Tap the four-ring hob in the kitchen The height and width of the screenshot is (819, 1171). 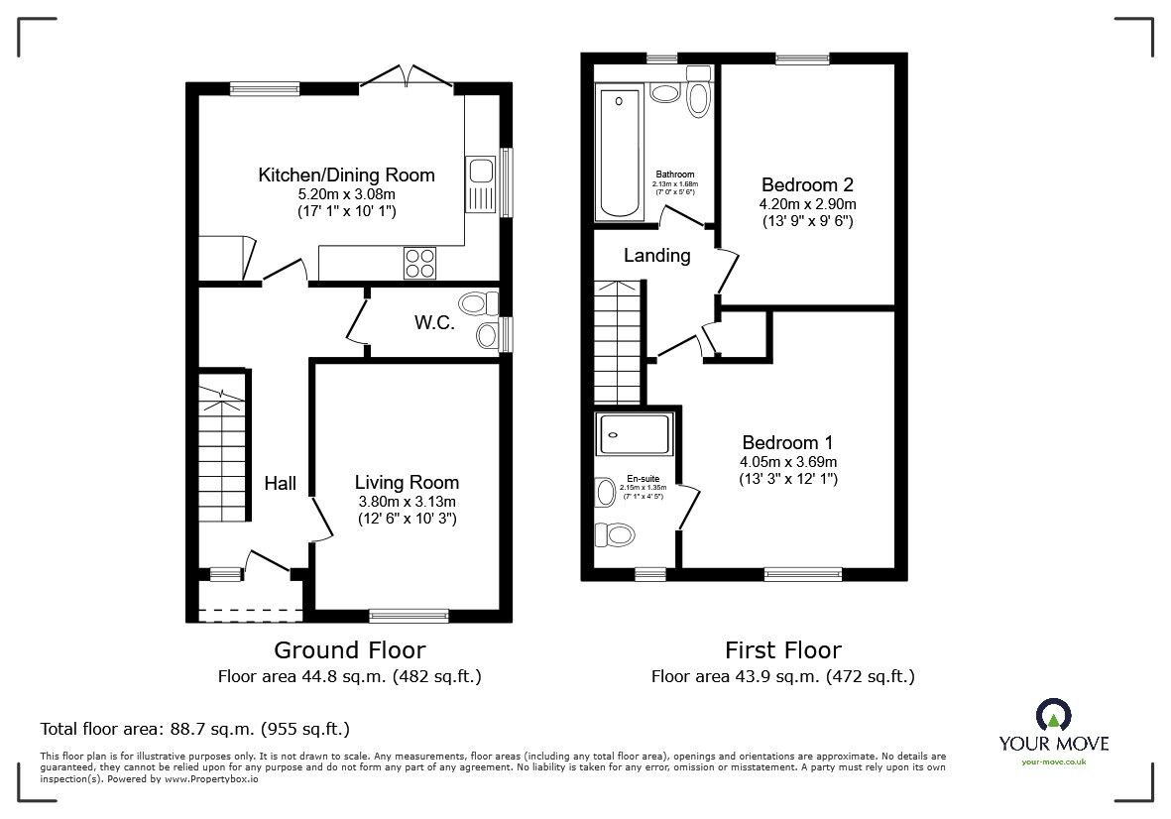pos(419,263)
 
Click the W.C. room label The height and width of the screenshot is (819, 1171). pos(434,322)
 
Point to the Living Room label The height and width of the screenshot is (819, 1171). pos(407,483)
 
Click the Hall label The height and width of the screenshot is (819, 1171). pos(280,484)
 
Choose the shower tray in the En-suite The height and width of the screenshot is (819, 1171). pos(636,432)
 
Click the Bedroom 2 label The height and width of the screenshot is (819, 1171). pos(807,184)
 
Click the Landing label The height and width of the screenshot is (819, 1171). pos(656,256)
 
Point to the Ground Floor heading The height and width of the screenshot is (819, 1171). pos(349,650)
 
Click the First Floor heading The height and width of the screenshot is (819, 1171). pos(782,650)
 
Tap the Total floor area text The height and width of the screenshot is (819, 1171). pos(194,729)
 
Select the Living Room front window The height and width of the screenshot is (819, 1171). pos(408,615)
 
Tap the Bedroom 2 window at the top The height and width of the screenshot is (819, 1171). pos(802,59)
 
